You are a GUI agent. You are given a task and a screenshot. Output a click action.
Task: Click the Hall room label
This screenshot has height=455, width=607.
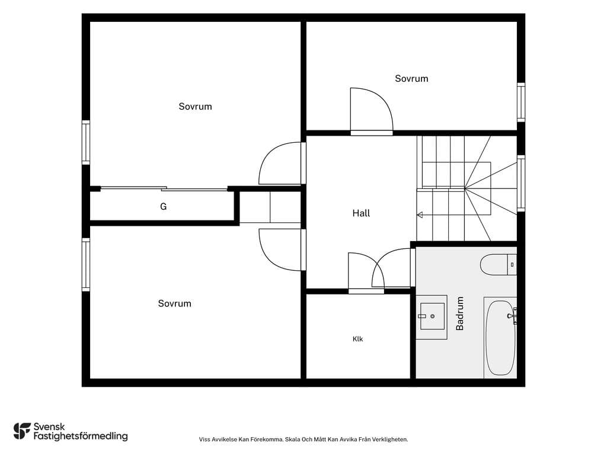[361, 213]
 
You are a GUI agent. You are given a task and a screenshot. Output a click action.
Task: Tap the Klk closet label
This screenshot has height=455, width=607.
[357, 339]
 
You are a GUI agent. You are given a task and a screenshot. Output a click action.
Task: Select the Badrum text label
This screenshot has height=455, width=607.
[459, 313]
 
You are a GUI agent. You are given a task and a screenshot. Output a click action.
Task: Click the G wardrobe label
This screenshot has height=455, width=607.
[164, 207]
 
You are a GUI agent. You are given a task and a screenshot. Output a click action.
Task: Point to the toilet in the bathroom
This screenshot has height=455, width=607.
[498, 265]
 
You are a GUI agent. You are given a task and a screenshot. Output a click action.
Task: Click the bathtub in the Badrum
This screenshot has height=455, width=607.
[500, 338]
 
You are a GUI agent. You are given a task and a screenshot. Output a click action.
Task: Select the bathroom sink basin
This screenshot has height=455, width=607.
[432, 316]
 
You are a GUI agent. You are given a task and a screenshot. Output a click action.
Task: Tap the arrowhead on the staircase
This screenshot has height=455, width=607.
[420, 215]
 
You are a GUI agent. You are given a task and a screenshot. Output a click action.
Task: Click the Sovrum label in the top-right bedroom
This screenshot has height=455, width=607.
[411, 79]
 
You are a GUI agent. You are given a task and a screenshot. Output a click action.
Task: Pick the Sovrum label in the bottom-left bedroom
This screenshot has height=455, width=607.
[175, 303]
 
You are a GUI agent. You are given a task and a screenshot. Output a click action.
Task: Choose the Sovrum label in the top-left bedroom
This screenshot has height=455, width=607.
[195, 107]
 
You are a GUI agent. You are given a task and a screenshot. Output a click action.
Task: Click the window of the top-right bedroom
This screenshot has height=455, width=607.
[521, 102]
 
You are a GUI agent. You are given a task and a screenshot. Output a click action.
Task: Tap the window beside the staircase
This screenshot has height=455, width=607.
[521, 184]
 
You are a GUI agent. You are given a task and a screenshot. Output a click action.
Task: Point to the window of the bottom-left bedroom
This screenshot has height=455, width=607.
[85, 265]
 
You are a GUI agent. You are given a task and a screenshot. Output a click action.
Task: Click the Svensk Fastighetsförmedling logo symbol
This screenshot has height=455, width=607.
[22, 431]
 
